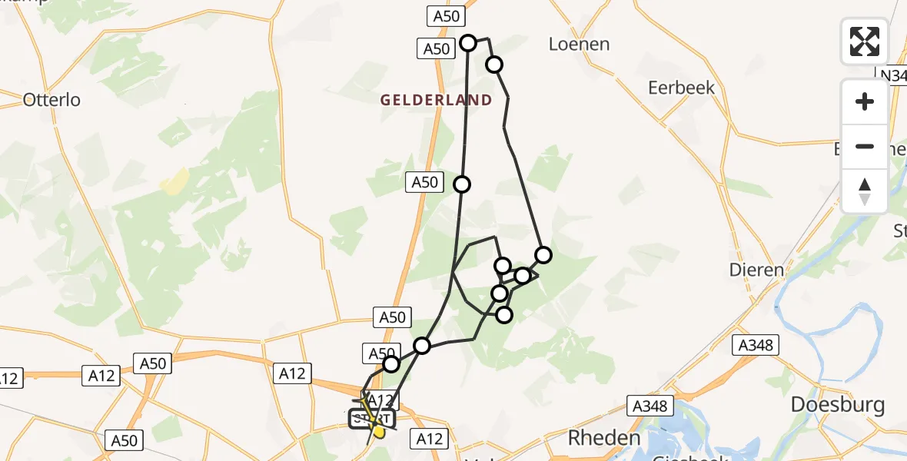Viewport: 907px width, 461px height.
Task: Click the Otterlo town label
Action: click(x=51, y=99)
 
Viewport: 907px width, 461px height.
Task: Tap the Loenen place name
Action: click(x=579, y=44)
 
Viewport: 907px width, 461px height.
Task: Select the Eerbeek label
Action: click(x=681, y=88)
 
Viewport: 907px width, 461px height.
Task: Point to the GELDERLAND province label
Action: click(x=435, y=100)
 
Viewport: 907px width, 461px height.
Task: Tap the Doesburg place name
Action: click(x=838, y=405)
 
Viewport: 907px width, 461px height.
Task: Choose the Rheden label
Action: click(x=604, y=438)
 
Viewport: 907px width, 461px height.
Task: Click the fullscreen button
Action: click(x=864, y=41)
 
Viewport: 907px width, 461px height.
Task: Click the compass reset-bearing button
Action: click(x=864, y=191)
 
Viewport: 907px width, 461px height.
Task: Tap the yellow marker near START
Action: click(x=378, y=433)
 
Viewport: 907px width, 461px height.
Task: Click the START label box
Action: click(x=372, y=419)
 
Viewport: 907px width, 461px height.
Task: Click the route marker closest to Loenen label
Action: click(x=494, y=65)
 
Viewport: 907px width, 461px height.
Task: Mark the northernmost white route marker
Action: click(x=468, y=43)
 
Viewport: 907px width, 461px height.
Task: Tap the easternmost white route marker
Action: click(x=543, y=255)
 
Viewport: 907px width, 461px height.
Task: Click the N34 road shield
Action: click(x=893, y=75)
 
